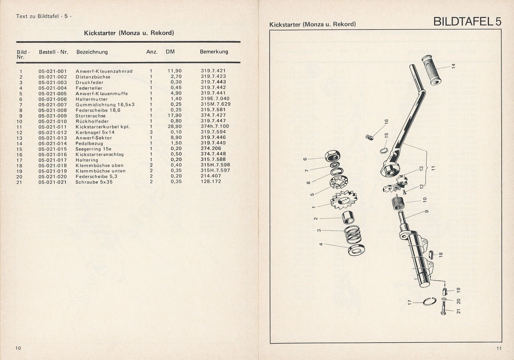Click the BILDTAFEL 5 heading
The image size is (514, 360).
[467, 22]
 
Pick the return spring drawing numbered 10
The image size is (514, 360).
[399, 203]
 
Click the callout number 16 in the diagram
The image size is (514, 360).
[386, 121]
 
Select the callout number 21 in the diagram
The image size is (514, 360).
[458, 311]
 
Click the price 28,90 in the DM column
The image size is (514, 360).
[175, 126]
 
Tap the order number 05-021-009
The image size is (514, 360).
[53, 116]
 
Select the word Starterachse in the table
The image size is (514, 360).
[90, 116]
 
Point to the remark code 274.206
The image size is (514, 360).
[211, 149]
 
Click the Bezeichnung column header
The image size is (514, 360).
[92, 52]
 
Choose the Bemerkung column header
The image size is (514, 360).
[214, 52]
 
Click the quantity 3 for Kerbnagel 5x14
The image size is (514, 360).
[151, 132]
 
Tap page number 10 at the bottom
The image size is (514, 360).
[18, 348]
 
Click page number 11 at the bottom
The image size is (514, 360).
[499, 349]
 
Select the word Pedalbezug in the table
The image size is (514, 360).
[89, 144]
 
